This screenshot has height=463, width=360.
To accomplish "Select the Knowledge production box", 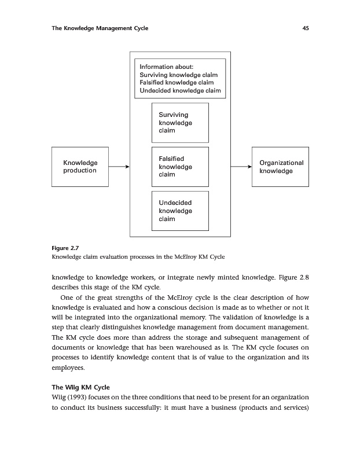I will tap(80, 167).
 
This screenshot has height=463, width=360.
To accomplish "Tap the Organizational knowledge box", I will tap(281, 167).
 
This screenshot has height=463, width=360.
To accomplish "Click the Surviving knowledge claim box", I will tap(179, 123).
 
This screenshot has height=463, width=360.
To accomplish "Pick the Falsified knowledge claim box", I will tap(179, 167).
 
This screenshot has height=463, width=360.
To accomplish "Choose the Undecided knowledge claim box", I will tap(179, 211).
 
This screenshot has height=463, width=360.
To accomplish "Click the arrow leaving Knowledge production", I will tap(118, 167).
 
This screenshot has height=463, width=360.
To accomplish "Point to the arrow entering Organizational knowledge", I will tap(241, 167).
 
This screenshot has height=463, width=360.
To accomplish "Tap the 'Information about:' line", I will tap(161, 66).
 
